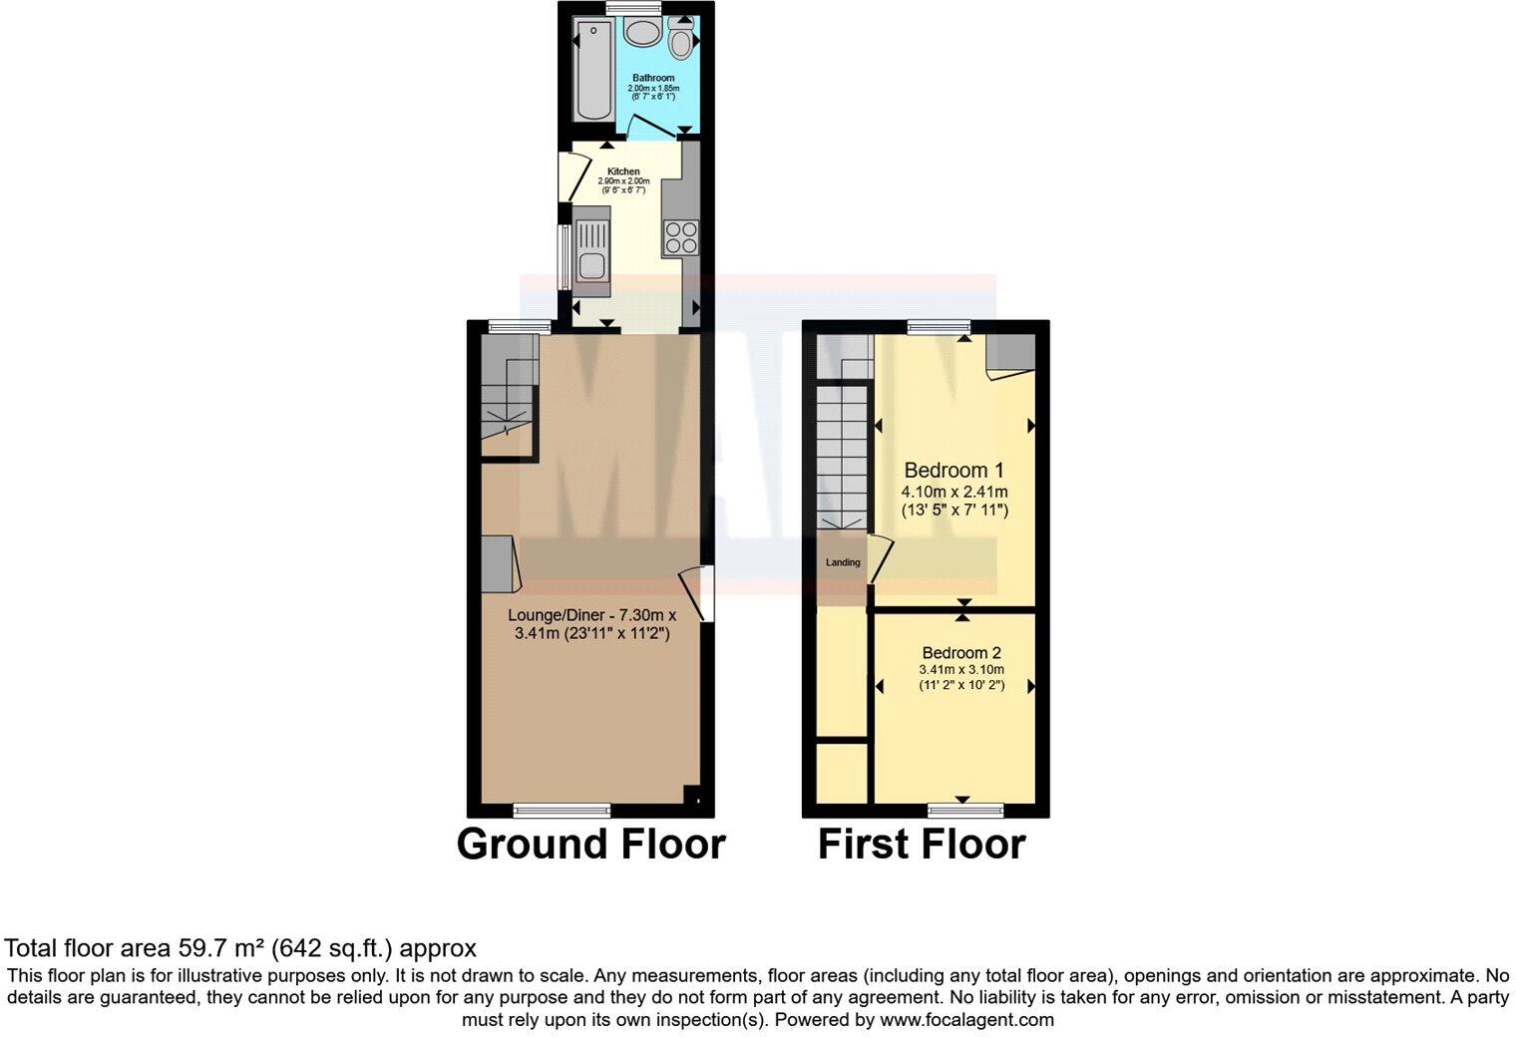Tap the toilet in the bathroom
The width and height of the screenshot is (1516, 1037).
682,43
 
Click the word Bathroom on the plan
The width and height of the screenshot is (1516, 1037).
653,78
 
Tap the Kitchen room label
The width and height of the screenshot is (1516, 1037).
623,172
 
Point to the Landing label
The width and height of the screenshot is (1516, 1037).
843,562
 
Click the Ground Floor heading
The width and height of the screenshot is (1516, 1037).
590,844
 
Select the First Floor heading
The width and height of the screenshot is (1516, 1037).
922,844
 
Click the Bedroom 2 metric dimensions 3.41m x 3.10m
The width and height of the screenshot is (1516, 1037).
961,669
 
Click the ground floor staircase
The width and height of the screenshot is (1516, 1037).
508,394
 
